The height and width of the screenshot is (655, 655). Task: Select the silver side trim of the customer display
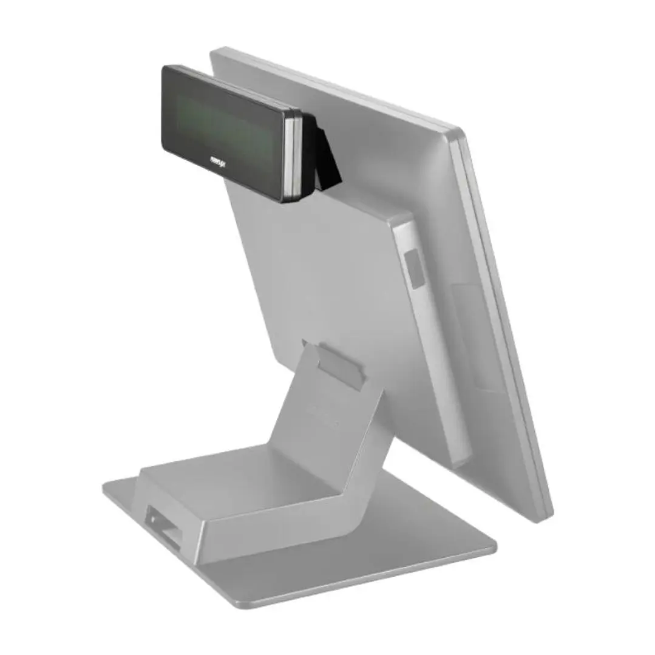pos(293,155)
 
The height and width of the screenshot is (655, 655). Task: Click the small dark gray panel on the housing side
pos(415,266)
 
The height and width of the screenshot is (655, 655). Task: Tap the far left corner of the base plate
pos(105,486)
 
